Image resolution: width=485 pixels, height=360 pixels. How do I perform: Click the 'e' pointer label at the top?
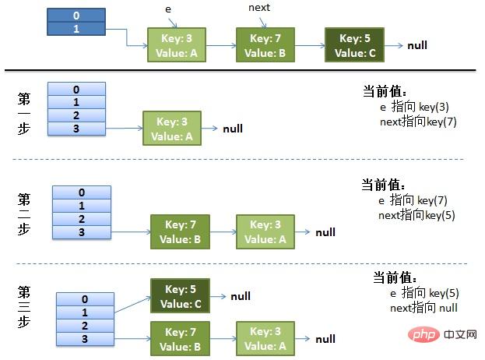tap(168, 9)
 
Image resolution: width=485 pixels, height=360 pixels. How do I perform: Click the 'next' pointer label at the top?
tap(259, 8)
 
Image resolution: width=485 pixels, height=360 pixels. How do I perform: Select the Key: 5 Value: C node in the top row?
tap(354, 45)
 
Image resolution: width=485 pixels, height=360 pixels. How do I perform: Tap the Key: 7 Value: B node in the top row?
tap(265, 45)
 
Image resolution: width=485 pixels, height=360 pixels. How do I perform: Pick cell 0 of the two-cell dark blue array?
tap(76, 15)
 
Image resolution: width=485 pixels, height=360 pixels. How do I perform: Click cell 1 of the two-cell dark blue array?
tap(76, 28)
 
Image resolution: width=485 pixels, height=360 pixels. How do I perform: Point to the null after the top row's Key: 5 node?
tap(416, 46)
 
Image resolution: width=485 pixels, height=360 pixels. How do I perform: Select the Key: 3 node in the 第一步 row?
tap(171, 129)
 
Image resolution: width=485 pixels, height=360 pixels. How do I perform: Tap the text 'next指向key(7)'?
tap(413, 122)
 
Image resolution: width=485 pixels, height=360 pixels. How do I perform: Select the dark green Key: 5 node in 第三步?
tap(180, 296)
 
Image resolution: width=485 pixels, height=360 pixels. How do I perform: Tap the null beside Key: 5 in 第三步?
tap(240, 297)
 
